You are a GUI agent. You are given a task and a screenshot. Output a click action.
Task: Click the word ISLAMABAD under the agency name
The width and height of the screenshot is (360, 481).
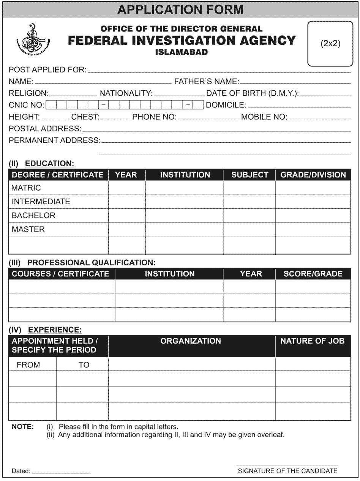(182, 52)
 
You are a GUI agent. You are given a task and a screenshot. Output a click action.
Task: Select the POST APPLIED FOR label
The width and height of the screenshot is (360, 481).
(47, 70)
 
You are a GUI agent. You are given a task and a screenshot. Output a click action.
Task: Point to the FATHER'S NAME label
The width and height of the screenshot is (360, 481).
(206, 81)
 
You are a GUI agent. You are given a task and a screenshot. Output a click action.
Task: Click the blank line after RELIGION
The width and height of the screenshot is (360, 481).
(73, 94)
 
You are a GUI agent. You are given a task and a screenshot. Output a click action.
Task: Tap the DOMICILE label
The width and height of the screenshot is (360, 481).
(226, 105)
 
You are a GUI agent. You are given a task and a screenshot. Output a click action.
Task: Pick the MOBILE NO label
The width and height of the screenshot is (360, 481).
(264, 117)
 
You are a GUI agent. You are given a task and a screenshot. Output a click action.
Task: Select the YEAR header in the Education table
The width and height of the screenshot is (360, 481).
(126, 175)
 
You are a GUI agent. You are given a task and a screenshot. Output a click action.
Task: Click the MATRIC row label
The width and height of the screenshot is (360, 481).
(26, 188)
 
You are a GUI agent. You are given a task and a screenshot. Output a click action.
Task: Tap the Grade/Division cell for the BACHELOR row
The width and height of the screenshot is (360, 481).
(313, 216)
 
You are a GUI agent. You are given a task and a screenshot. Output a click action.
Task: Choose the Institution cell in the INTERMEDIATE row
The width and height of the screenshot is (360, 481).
(184, 202)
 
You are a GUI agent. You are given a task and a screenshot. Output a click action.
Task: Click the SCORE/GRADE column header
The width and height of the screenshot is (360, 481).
(313, 274)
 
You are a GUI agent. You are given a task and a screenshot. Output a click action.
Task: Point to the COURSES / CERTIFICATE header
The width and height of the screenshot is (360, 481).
(60, 274)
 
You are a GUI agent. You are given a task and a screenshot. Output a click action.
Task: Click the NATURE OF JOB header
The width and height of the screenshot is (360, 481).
(313, 341)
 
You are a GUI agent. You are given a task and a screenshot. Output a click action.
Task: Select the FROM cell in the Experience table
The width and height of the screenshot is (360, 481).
(28, 365)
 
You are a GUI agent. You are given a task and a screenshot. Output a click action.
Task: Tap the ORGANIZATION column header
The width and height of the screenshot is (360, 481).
(191, 341)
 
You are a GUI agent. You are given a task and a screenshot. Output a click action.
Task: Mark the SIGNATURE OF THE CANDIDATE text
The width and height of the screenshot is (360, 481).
(287, 471)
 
